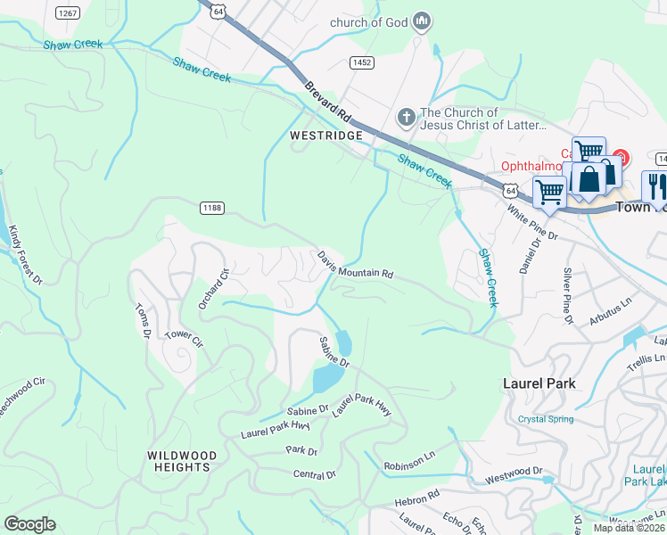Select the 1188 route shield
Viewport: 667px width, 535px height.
(211, 208)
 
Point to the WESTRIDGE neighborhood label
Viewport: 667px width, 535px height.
(325, 136)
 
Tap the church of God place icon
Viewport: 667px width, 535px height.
(423, 21)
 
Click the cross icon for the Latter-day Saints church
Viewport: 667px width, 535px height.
(406, 118)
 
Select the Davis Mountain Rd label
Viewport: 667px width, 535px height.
(355, 266)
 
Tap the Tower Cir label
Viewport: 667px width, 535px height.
(185, 340)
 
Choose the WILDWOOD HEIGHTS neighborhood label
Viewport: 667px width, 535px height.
(181, 460)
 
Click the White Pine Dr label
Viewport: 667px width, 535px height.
(531, 224)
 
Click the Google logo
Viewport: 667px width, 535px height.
(29, 524)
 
